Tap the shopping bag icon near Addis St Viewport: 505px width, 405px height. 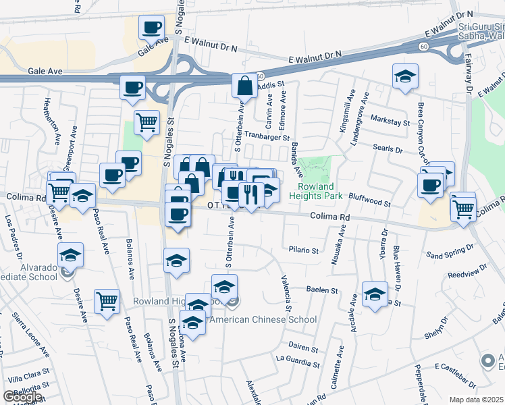tap(244, 86)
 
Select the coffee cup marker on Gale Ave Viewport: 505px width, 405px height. tap(152, 28)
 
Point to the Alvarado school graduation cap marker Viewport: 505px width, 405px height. tap(70, 256)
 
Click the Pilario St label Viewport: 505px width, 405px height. tap(305, 250)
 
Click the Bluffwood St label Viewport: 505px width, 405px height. tap(370, 200)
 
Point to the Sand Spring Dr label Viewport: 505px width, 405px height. tap(450, 254)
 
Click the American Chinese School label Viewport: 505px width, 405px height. tap(263, 319)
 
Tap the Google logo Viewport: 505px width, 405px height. tap(23, 397)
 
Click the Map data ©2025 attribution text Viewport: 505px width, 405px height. tap(475, 400)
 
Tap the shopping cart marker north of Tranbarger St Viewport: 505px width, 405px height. tap(147, 123)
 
